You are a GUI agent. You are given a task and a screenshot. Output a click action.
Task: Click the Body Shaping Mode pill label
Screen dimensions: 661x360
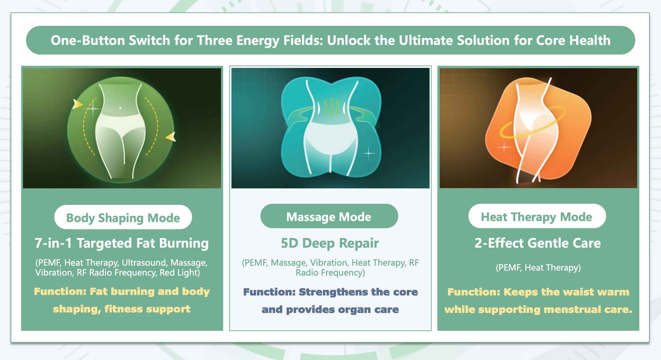123,217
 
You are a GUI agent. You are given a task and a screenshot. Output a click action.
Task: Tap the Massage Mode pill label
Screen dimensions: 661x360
329,216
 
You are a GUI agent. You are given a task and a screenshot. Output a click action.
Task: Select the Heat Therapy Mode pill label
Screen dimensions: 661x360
537,216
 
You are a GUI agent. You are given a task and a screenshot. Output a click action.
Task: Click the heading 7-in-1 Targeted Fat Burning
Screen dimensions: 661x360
122,243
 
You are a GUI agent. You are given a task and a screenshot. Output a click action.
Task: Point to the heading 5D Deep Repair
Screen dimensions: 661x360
330,243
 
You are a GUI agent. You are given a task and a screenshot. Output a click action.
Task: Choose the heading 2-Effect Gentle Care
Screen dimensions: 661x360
538,243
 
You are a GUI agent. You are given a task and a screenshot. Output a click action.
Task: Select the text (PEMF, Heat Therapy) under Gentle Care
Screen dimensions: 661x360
538,267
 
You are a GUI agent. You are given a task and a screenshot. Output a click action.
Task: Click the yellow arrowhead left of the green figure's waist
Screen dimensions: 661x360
78,104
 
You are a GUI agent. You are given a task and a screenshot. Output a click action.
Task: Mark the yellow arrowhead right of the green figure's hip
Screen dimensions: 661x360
171,137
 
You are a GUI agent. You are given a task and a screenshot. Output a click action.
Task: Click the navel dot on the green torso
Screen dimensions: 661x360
120,108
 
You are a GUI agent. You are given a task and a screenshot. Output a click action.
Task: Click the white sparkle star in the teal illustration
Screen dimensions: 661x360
369,153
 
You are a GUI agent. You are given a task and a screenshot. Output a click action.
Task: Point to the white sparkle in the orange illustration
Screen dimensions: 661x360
504,147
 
